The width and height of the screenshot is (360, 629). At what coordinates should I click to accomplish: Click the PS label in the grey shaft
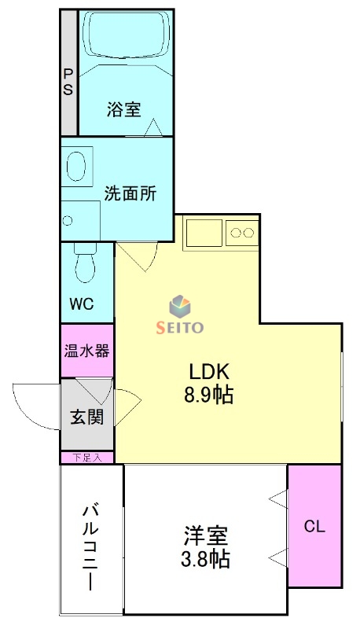tap(68, 82)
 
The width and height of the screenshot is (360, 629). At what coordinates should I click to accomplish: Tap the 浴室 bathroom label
tap(124, 109)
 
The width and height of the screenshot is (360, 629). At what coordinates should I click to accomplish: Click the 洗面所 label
tap(130, 193)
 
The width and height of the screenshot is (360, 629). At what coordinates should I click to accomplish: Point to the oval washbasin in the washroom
tap(76, 167)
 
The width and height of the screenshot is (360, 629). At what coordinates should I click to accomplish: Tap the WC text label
tap(82, 304)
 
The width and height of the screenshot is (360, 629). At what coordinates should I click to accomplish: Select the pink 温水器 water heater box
tap(87, 351)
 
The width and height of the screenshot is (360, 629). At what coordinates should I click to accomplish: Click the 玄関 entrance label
tap(87, 417)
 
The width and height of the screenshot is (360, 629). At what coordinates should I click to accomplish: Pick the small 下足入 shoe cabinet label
tap(87, 458)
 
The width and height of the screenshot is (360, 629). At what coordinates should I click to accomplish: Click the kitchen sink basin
tap(204, 233)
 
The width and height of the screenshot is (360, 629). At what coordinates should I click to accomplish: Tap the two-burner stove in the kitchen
tap(242, 233)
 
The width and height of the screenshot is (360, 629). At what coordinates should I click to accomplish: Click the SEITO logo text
tap(179, 327)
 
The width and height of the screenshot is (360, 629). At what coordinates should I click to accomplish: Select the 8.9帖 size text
tap(208, 395)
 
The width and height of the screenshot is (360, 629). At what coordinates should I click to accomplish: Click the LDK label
tap(209, 372)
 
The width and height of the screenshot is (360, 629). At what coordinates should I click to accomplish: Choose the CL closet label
tap(314, 526)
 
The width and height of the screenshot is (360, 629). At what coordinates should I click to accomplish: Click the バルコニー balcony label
tap(90, 548)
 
